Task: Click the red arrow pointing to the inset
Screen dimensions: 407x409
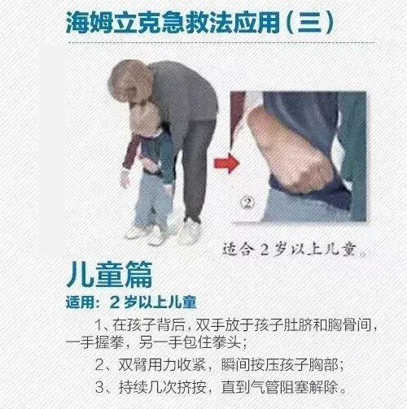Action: coord(227,163)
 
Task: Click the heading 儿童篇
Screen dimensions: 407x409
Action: coord(109,274)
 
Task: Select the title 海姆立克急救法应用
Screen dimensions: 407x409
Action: coord(173,23)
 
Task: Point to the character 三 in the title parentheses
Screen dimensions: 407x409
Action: coord(310,23)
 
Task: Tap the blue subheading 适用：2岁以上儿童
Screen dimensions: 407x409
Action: coord(131,302)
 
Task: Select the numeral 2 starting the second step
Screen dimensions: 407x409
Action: coord(99,365)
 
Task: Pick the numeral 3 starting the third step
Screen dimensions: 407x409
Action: coord(99,387)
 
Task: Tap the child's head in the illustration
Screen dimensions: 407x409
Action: coord(145,120)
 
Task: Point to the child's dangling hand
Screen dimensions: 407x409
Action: coord(125,179)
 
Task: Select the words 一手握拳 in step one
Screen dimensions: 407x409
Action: coord(95,342)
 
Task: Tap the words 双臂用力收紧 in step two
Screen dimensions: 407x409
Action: coord(162,365)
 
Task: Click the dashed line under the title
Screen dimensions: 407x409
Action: coord(221,43)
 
